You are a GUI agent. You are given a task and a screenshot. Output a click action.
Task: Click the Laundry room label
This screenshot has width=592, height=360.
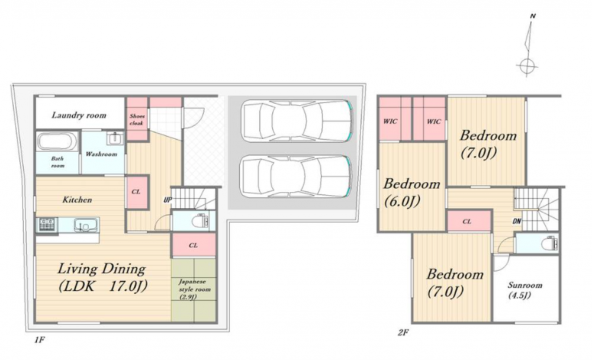coord(79,115)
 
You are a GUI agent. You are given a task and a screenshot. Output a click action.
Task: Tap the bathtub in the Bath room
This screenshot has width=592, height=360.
coord(57,142)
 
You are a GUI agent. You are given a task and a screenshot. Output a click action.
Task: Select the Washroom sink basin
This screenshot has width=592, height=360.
coord(114,139)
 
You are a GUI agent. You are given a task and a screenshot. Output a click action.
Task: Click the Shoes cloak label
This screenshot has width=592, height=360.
coord(137,120)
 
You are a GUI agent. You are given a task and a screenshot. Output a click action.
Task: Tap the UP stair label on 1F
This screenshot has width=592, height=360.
coord(168,200)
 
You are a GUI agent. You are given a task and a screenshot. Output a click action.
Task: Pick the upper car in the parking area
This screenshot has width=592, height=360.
coord(297,121)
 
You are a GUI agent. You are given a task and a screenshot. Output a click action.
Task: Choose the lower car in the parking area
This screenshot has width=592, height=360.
coord(297,176)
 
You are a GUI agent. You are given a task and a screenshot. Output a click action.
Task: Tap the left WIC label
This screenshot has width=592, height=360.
coord(390,121)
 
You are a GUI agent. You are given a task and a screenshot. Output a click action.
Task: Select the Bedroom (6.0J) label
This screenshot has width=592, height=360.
coord(411,192)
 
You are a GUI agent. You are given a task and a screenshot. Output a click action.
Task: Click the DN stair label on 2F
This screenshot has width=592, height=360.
coord(517,221)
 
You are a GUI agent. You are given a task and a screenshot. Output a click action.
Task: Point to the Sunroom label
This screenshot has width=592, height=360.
coord(525,290)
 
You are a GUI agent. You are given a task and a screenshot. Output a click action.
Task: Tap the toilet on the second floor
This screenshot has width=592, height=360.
coord(550,244)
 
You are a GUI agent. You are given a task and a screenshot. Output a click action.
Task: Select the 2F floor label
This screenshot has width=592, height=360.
coord(403,332)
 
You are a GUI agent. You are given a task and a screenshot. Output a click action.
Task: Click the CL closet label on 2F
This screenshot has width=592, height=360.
coord(466,221)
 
